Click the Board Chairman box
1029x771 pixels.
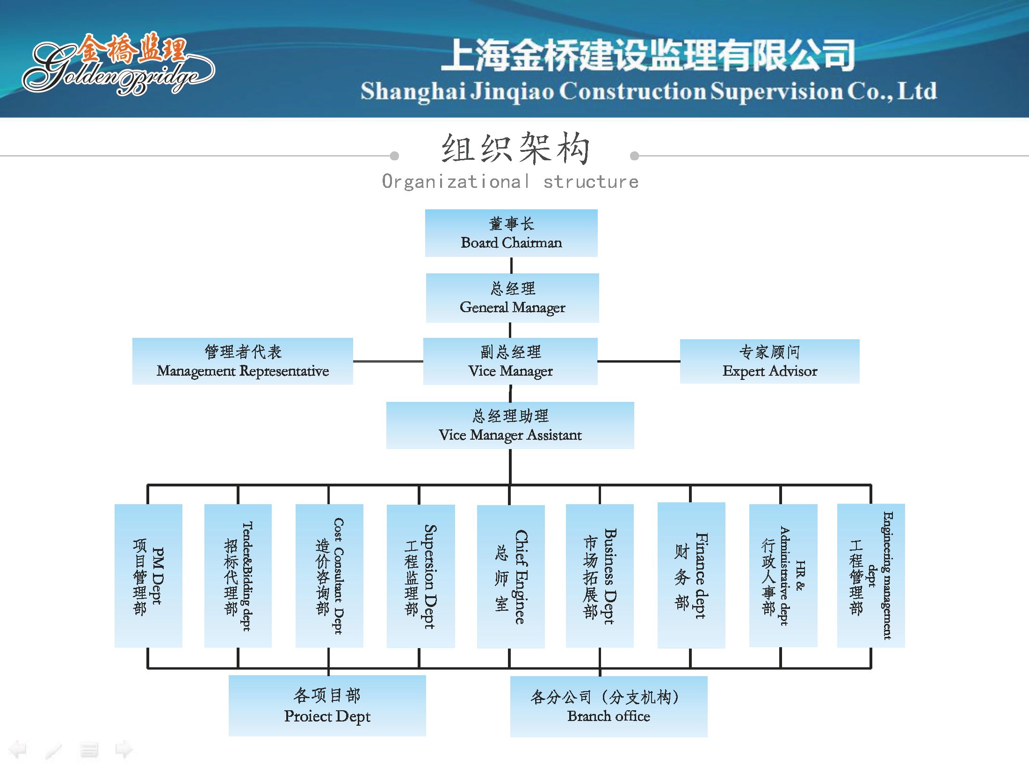tap(511, 233)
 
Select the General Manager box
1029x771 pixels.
tap(512, 298)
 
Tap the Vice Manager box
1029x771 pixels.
tap(510, 361)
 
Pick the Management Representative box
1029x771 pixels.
tap(242, 361)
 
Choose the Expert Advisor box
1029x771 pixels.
tap(769, 361)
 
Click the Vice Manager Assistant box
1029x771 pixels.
tap(510, 425)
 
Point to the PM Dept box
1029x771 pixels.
tap(148, 576)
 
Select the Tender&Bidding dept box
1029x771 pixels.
tap(238, 576)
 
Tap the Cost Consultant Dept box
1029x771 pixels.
tap(329, 576)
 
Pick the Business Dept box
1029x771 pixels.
tap(600, 576)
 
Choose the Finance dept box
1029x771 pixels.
tap(691, 575)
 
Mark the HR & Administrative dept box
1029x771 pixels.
tap(783, 576)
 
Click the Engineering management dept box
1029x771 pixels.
tap(871, 576)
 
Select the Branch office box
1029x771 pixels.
tap(609, 707)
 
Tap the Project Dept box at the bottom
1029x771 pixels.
tap(327, 706)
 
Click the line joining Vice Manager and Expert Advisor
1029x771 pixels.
tap(638, 361)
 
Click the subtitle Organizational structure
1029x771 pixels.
tap(510, 181)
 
